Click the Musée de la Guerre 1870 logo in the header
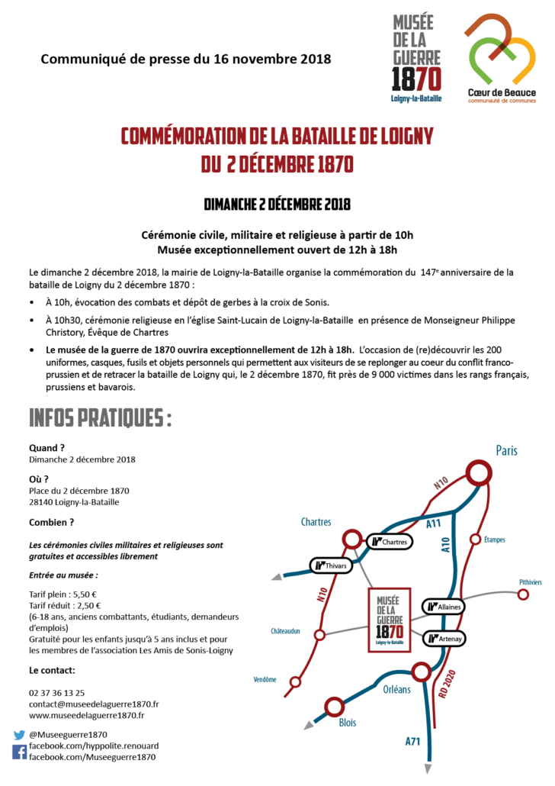click(416, 58)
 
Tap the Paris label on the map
click(506, 450)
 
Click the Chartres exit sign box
click(390, 542)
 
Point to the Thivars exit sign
click(332, 565)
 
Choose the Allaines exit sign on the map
click(443, 606)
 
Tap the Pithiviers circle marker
click(523, 594)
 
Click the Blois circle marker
click(334, 707)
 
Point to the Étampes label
click(495, 540)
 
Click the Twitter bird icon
click(19, 735)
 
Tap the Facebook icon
click(19, 752)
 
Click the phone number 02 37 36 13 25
click(57, 692)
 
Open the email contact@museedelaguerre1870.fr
click(94, 704)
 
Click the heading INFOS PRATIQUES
click(100, 419)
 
